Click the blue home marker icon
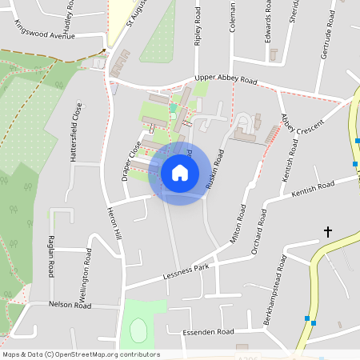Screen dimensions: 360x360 click(179, 173)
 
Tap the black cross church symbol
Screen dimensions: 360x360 click(327, 233)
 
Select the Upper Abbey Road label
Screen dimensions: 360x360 click(226, 81)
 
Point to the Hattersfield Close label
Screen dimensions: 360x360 click(78, 133)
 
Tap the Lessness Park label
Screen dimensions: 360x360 click(186, 273)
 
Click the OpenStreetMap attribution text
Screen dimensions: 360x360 click(81, 354)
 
